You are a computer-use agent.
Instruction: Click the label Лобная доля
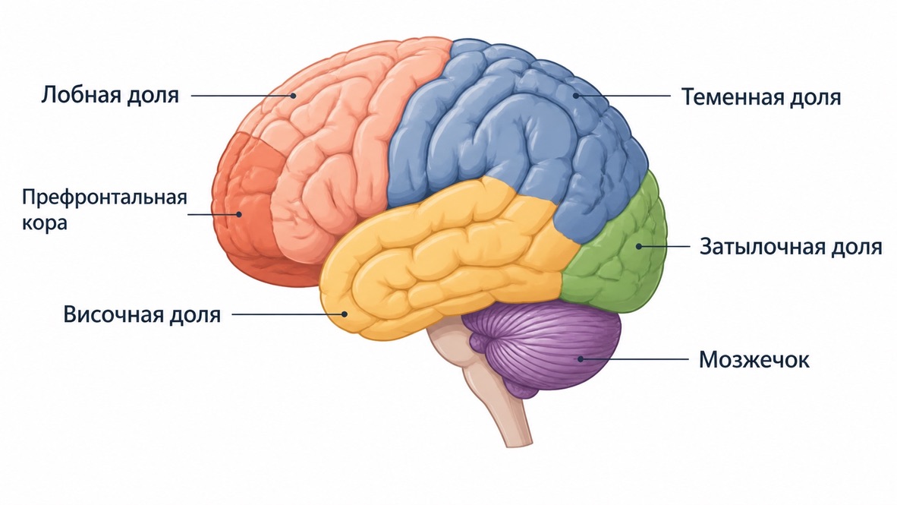110,95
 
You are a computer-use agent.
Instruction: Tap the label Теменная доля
761,96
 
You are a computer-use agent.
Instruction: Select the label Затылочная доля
791,247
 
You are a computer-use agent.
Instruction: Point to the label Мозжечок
754,360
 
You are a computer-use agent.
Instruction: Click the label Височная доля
142,314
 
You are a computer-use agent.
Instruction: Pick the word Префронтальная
105,197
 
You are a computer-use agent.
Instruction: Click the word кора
45,223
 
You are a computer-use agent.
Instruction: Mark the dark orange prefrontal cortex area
246,212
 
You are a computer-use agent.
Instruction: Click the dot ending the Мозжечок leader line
580,359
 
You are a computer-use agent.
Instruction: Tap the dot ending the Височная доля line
345,314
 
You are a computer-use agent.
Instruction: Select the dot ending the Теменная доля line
576,96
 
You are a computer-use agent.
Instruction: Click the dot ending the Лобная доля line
294,96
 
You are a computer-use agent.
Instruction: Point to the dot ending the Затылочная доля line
638,246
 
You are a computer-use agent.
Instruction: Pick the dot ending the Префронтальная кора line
239,215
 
